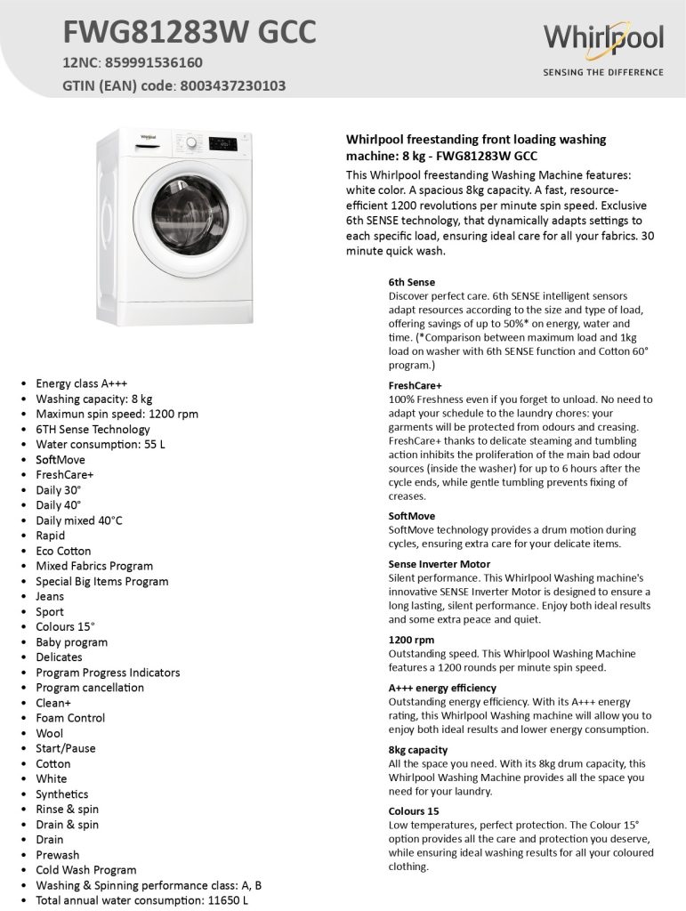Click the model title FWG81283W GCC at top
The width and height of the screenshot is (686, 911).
(189, 33)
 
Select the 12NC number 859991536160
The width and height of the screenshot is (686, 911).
(154, 63)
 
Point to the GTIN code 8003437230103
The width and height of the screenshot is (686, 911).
(235, 86)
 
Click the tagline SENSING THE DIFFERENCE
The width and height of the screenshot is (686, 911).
(603, 72)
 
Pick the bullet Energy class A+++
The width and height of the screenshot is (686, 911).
(81, 383)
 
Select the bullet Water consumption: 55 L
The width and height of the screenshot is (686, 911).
(101, 444)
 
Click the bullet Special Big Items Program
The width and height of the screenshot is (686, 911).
(101, 581)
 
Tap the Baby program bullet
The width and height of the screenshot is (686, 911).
(71, 641)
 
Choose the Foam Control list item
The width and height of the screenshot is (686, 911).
(70, 718)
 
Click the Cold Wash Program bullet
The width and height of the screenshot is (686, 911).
(86, 870)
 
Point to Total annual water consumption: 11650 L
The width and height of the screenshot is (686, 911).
(141, 900)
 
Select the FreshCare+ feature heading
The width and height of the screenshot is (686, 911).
(415, 386)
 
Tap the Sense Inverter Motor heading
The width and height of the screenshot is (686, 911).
(439, 564)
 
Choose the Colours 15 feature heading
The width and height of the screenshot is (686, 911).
(414, 811)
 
